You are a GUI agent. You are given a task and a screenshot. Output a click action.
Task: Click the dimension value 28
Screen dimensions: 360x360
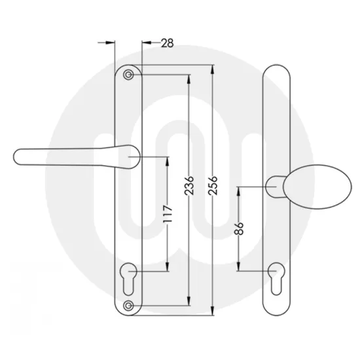click(x=167, y=43)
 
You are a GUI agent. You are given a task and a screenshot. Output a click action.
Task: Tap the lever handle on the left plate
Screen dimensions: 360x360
click(x=72, y=156)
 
